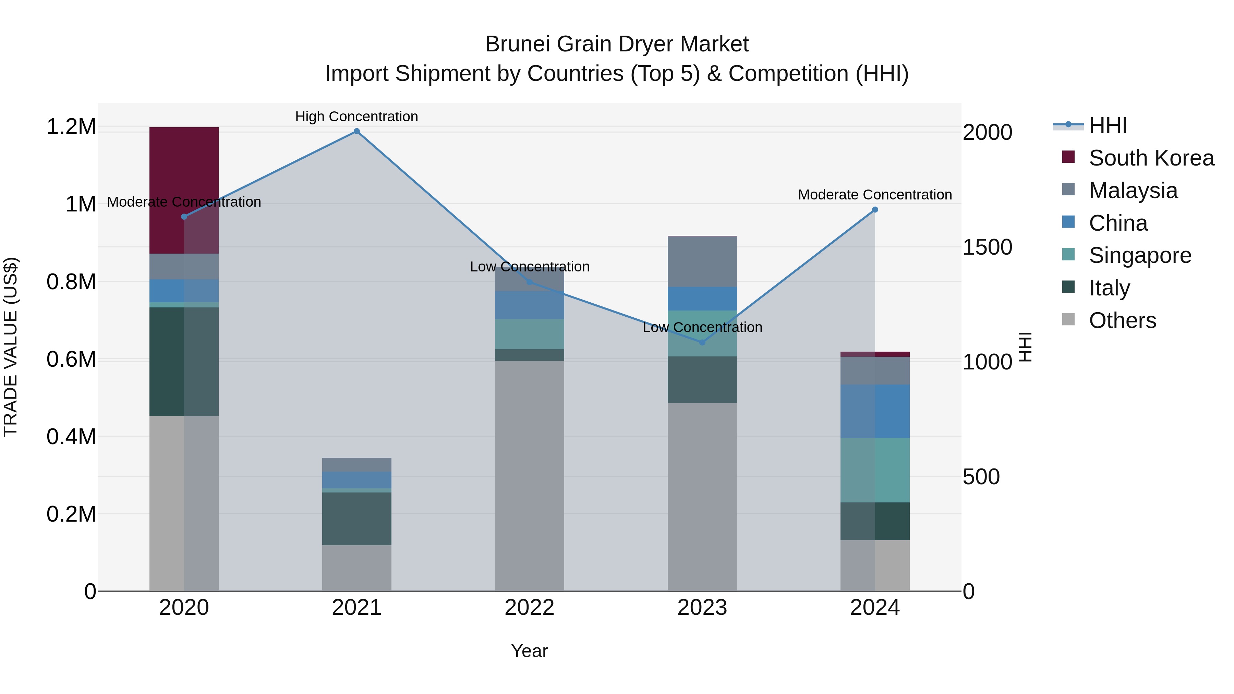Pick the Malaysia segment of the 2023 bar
(702, 261)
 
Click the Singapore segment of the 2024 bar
(875, 470)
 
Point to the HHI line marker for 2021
(356, 131)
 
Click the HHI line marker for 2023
(702, 342)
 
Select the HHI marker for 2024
(875, 210)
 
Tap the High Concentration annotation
(356, 117)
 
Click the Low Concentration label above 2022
(529, 267)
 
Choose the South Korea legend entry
(1151, 158)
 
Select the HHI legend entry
(1108, 125)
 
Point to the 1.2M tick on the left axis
(71, 127)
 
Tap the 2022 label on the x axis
(529, 608)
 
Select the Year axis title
(529, 651)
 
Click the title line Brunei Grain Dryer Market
(617, 44)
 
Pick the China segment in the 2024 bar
(875, 411)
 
